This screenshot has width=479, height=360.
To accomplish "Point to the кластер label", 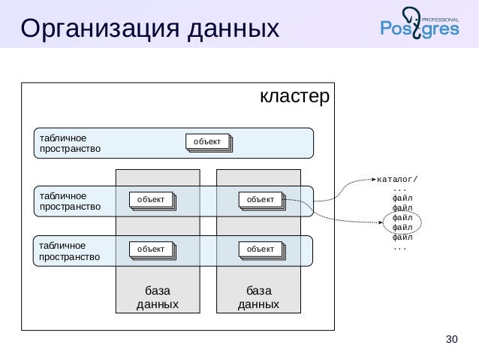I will pyautogui.click(x=294, y=97).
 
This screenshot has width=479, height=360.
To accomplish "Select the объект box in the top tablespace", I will pyautogui.click(x=207, y=142).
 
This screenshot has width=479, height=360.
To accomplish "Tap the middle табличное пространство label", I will pyautogui.click(x=69, y=201).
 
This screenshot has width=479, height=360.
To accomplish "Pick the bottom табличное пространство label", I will pyautogui.click(x=69, y=251).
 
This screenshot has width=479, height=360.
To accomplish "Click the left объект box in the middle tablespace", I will pyautogui.click(x=151, y=199).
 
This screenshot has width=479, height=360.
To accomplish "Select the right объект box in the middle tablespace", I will pyautogui.click(x=261, y=199).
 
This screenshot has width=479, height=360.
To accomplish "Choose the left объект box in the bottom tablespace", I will pyautogui.click(x=151, y=249).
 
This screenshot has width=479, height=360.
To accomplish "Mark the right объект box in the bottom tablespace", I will pyautogui.click(x=261, y=249).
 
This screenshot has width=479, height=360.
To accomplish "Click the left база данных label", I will pyautogui.click(x=157, y=297).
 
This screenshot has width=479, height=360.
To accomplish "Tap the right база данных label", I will pyautogui.click(x=258, y=297).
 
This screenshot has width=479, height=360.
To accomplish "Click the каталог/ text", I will pyautogui.click(x=397, y=179).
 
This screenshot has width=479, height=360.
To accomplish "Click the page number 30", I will pyautogui.click(x=451, y=339).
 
